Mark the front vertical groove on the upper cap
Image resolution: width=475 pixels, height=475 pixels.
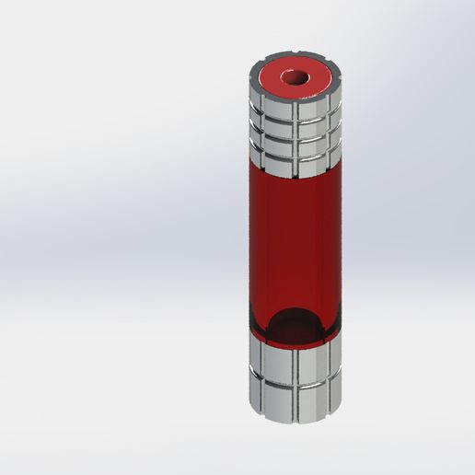pos(295,138)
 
